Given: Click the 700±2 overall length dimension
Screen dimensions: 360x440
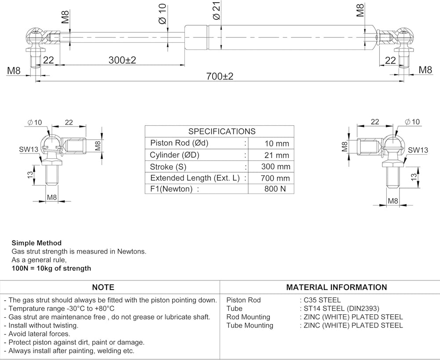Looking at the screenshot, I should click(220, 76).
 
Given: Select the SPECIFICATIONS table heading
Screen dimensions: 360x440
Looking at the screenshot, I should click(222, 131).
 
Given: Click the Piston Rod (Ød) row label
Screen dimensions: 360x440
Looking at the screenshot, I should click(179, 143).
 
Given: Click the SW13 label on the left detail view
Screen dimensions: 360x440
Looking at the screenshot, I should click(29, 149).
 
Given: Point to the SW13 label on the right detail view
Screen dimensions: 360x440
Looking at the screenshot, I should click(418, 150).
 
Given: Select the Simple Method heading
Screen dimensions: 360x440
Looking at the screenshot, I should click(37, 243).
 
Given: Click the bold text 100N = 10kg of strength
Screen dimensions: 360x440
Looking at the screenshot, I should click(51, 268).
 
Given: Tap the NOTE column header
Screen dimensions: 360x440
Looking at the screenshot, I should click(103, 287).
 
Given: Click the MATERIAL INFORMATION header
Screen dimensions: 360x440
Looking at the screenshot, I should click(337, 287).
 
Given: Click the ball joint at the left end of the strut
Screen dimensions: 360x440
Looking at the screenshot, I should click(34, 35).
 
